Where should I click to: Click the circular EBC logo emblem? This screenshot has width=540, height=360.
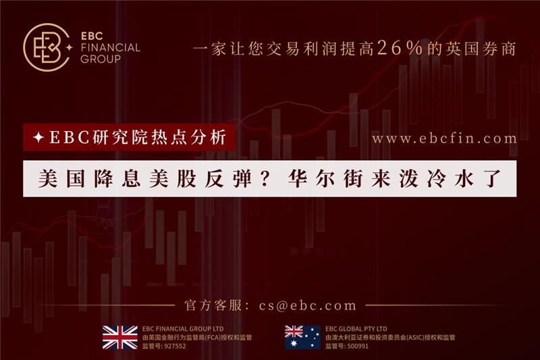46,47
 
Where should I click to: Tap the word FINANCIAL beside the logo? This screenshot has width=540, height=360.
110,47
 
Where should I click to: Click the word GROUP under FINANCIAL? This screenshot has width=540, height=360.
101,59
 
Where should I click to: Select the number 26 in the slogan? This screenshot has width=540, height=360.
389,48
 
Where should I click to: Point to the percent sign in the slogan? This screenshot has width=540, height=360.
414,48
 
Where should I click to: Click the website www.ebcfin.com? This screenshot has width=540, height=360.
444,138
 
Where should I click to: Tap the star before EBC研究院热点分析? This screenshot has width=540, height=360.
38,138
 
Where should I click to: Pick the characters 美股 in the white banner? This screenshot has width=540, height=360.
173,179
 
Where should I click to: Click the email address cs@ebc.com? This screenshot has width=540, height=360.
308,305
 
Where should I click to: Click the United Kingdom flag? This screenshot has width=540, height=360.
120,337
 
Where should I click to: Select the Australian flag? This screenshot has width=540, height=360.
302,337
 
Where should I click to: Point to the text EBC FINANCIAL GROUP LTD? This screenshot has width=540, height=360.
183,329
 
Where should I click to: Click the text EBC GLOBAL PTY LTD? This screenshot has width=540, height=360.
356,329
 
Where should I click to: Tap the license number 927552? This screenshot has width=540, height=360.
175,346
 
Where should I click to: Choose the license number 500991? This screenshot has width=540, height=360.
358,346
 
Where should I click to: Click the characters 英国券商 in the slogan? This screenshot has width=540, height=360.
481,48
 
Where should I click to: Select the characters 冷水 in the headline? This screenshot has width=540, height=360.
450,179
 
